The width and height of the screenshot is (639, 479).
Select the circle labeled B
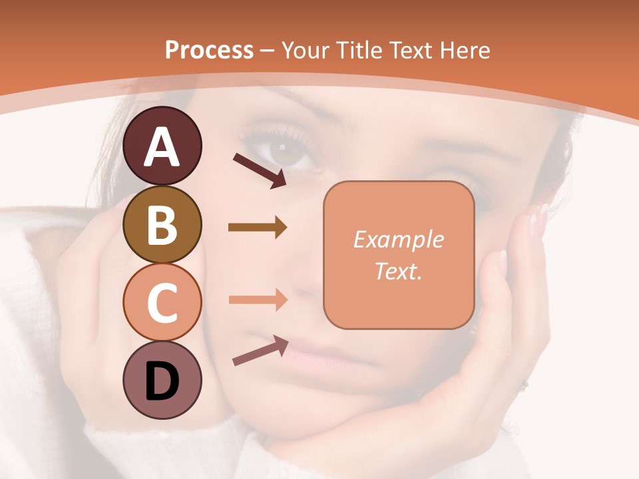point(162,224)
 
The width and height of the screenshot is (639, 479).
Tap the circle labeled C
point(162,303)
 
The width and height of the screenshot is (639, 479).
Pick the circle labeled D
point(162,381)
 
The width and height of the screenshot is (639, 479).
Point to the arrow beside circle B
point(258,228)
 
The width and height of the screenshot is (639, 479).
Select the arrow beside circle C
point(258,299)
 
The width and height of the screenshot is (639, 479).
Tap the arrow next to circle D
point(260,350)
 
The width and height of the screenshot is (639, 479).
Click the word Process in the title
point(209,50)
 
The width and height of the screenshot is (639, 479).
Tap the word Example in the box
point(398,239)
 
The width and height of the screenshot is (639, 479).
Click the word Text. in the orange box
point(398,271)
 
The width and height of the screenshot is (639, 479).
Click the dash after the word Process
point(268,51)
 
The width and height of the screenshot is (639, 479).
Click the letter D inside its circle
point(162,382)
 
